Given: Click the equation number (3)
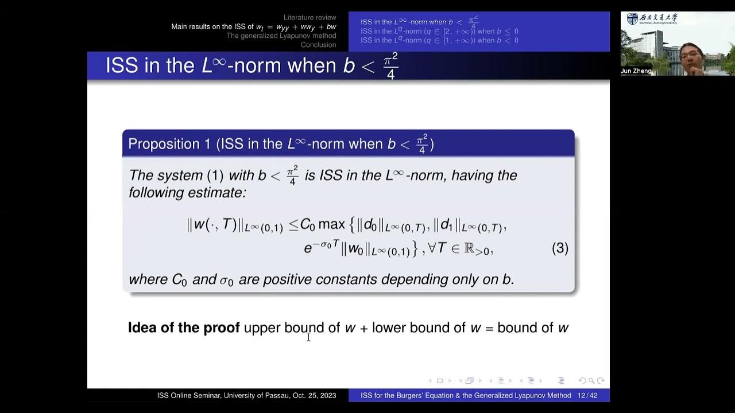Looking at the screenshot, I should pyautogui.click(x=560, y=248).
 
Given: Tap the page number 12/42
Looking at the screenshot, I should pyautogui.click(x=587, y=396).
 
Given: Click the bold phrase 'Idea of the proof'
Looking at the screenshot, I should pyautogui.click(x=183, y=328).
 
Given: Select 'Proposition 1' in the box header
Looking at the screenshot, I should pyautogui.click(x=169, y=144).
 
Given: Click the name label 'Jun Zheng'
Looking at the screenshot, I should pyautogui.click(x=636, y=71).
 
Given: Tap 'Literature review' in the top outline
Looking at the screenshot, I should pyautogui.click(x=310, y=18).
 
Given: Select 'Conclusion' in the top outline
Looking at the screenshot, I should pyautogui.click(x=318, y=45).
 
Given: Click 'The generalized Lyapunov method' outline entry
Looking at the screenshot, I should pyautogui.click(x=281, y=36).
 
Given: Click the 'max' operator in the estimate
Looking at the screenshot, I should pyautogui.click(x=331, y=225).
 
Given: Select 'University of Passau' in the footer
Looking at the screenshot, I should pyautogui.click(x=257, y=396).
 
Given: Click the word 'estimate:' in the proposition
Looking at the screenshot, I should pyautogui.click(x=216, y=193).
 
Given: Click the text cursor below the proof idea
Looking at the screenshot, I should pyautogui.click(x=308, y=337).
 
